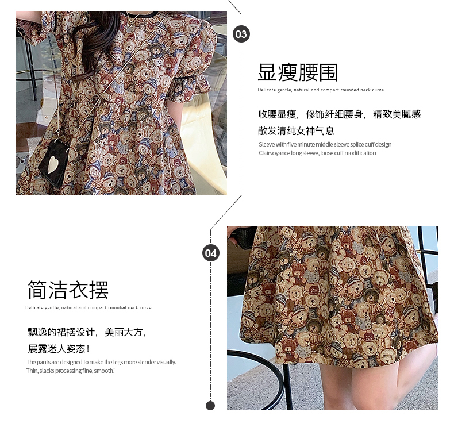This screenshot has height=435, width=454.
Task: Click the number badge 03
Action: tap(241, 34)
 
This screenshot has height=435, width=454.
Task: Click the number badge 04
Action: tap(210, 253)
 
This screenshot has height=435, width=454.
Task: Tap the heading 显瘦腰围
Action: tap(298, 72)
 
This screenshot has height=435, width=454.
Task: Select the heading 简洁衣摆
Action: tap(68, 290)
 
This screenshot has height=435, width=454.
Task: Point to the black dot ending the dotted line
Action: tap(210, 406)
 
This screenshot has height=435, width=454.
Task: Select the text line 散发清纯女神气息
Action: tap(296, 131)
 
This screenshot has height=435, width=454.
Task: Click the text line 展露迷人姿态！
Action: tap(59, 349)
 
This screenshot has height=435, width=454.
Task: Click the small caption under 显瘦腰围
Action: tap(321, 90)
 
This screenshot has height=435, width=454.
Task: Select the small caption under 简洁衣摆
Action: tap(89, 307)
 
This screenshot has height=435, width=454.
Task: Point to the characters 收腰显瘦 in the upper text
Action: tap(277, 114)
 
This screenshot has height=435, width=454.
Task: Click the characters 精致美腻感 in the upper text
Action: tap(397, 114)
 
